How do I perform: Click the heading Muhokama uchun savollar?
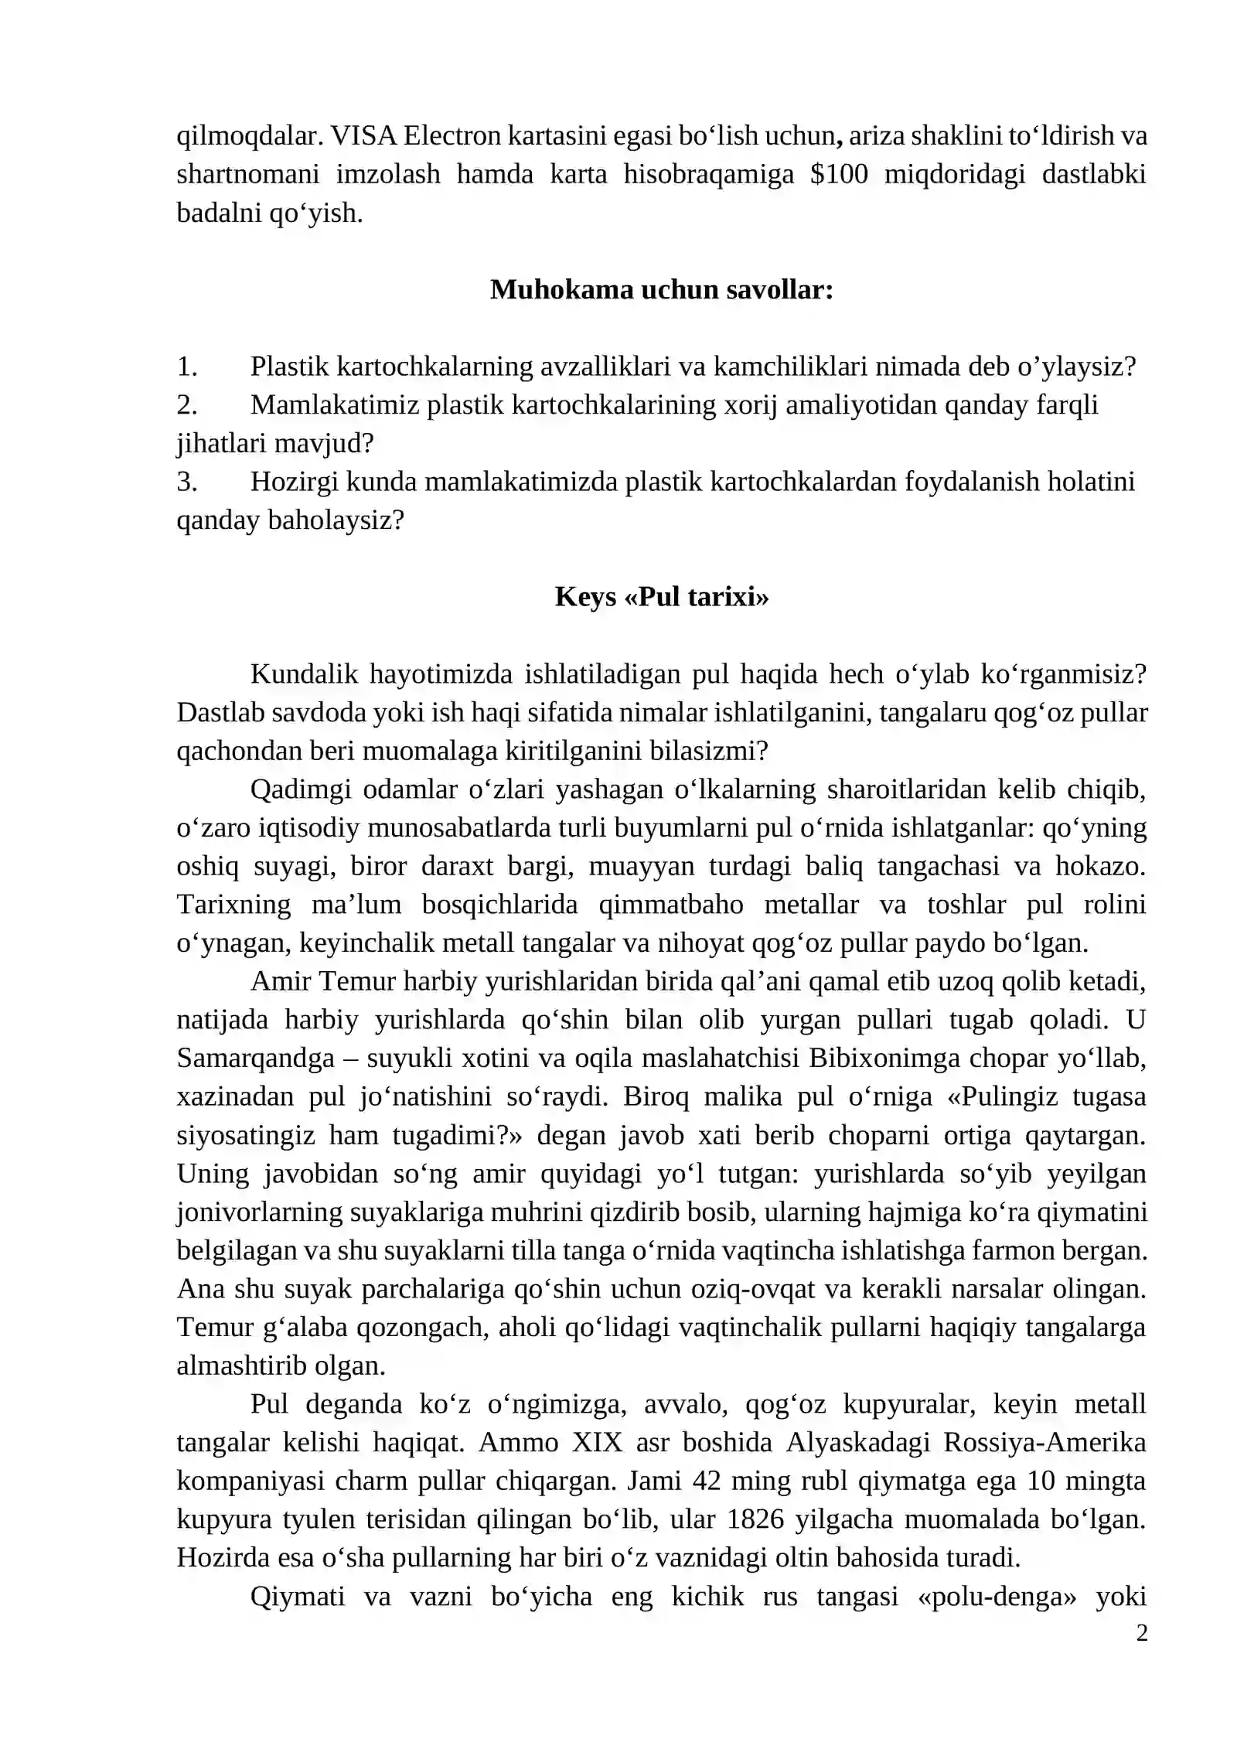pyautogui.click(x=661, y=290)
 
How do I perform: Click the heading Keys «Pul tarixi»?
pyautogui.click(x=661, y=597)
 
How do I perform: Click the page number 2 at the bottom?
pyautogui.click(x=1141, y=1633)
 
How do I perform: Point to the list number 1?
pyautogui.click(x=186, y=367)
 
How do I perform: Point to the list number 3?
pyautogui.click(x=186, y=482)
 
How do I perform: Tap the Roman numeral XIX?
pyautogui.click(x=597, y=1443)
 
